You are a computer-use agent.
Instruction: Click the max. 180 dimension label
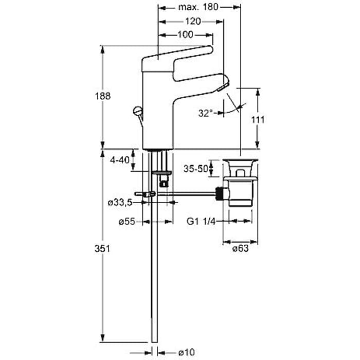pos(198,7)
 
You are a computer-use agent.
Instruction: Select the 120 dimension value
pos(193,22)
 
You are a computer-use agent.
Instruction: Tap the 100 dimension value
pos(185,34)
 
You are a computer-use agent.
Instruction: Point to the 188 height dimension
pos(103,96)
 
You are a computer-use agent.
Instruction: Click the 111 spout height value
pos(258,120)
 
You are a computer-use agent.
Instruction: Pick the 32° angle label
pos(206,113)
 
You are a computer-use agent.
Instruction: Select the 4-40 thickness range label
pos(120,160)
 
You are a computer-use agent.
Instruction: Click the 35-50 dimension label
pos(195,169)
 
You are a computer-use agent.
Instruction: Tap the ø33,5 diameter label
pos(120,203)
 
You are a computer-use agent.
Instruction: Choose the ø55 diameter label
pos(127,222)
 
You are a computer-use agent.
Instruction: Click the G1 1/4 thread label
pos(201,221)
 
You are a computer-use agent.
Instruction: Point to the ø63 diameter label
pos(240,248)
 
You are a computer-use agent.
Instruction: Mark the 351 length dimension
pos(102,248)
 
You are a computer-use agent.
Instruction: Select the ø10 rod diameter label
pos(186,352)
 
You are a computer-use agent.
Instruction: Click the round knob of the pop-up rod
pos(137,111)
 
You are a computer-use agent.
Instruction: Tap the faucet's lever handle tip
pos(210,49)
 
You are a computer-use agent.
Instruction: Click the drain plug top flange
pos(240,160)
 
